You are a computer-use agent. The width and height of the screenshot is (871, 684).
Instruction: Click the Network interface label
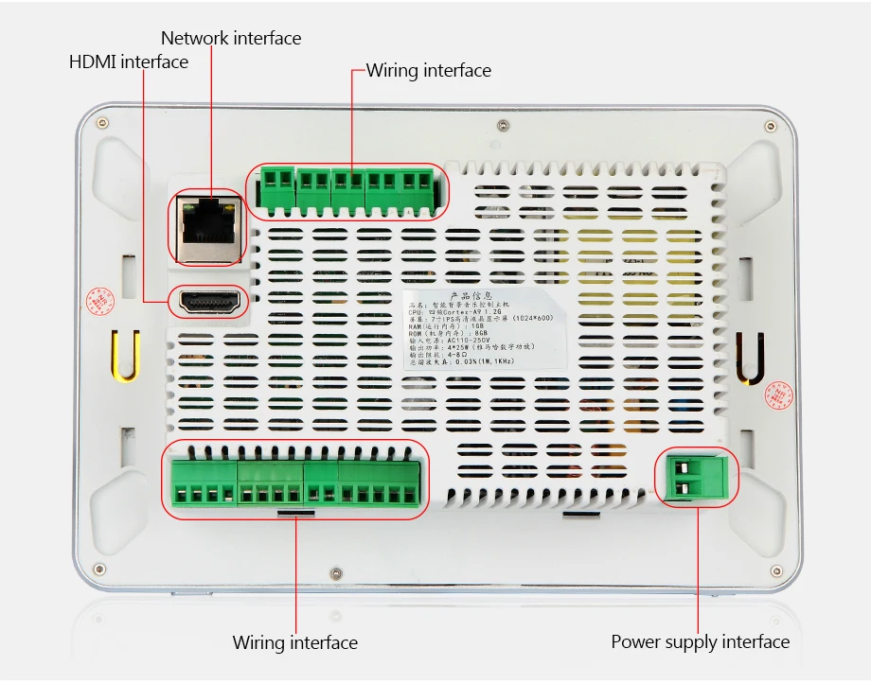[230, 39]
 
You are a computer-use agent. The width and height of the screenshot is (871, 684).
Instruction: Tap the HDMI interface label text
[129, 62]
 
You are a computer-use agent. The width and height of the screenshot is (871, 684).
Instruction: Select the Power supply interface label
[700, 642]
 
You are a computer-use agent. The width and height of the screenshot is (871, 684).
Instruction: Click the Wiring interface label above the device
[429, 71]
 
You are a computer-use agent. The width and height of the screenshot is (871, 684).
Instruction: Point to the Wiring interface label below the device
[295, 643]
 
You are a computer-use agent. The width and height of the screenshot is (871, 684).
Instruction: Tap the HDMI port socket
[207, 303]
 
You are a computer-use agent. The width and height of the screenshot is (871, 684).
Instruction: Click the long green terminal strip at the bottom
[295, 482]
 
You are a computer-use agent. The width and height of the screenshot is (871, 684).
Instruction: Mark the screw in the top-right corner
[769, 124]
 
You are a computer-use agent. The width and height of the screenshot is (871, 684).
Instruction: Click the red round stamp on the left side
[99, 301]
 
